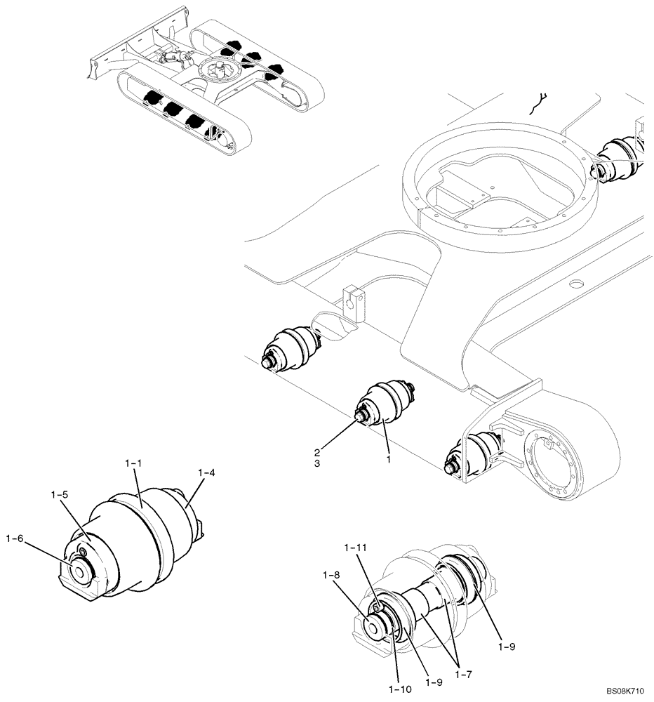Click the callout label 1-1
click(x=133, y=464)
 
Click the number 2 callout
click(x=318, y=452)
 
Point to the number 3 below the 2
click(x=318, y=464)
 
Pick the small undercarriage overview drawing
click(x=203, y=88)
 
